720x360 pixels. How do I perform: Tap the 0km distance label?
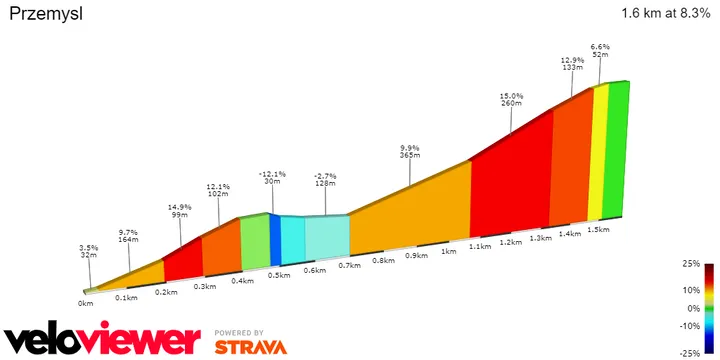pyautogui.click(x=86, y=303)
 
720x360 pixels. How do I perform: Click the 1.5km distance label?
pyautogui.click(x=598, y=229)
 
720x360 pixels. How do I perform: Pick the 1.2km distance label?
pyautogui.click(x=511, y=243)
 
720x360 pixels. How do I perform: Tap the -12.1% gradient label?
pyautogui.click(x=272, y=176)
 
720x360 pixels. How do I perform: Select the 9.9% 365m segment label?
pyautogui.click(x=410, y=150)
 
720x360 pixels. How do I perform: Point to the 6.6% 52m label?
pyautogui.click(x=600, y=51)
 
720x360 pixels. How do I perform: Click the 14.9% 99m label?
pyautogui.click(x=180, y=211)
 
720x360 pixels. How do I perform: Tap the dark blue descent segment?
pyautogui.click(x=275, y=241)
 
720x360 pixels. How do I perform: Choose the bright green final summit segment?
pyautogui.click(x=618, y=150)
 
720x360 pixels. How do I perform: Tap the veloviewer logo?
pyautogui.click(x=101, y=339)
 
